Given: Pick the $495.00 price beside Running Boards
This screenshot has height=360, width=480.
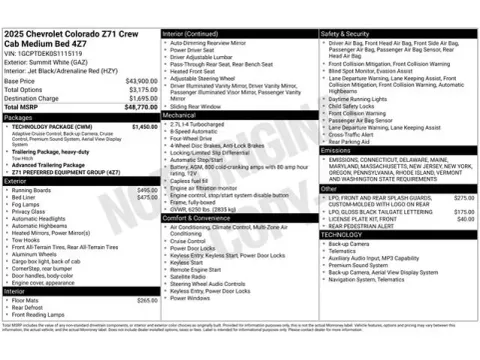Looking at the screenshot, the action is tap(147, 190).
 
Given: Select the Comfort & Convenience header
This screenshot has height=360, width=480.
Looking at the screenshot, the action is tap(199, 217).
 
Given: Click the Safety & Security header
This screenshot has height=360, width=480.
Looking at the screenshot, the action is tap(346, 33).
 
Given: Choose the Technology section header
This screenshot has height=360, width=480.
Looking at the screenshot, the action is tap(340, 234).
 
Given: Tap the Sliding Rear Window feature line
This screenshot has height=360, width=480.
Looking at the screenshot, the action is tap(201, 106).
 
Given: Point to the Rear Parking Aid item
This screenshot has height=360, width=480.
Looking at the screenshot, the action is tap(356, 142).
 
